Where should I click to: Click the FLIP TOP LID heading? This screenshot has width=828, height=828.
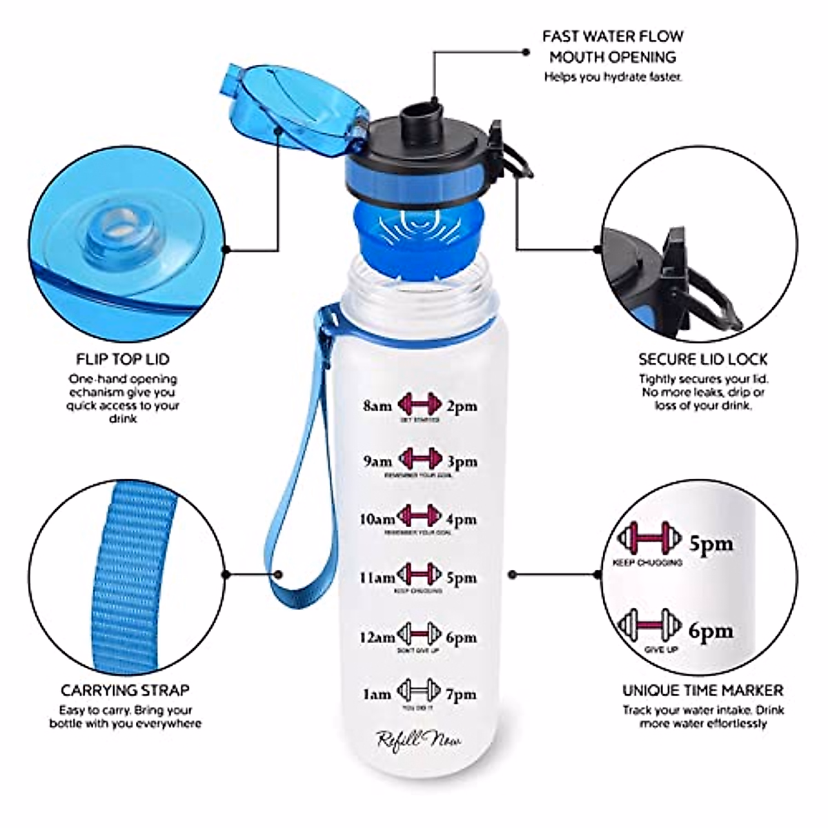click(x=122, y=359)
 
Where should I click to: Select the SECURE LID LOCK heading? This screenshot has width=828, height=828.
click(x=702, y=359)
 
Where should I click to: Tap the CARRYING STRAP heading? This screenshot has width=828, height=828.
click(x=125, y=690)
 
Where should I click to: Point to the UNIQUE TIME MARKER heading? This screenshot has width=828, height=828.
click(x=702, y=690)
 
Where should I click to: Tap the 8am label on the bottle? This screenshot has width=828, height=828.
click(x=377, y=406)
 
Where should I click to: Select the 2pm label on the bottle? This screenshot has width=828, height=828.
click(x=461, y=406)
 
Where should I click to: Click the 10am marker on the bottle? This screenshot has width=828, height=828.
click(x=377, y=519)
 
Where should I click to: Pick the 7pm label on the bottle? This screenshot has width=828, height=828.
click(x=461, y=694)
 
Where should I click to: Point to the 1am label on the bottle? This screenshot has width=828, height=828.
click(x=377, y=694)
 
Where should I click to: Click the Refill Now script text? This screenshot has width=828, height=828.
click(x=419, y=740)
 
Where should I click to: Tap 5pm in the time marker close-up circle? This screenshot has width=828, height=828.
click(x=711, y=544)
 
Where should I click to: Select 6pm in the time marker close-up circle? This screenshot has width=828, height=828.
click(x=711, y=630)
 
